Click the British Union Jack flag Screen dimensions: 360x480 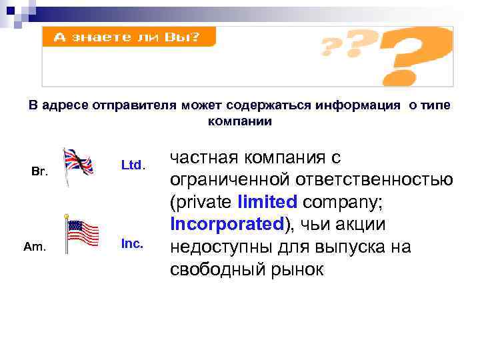coord(79,162)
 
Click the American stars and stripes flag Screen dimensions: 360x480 coord(83,234)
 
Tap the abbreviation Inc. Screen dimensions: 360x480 coord(132,244)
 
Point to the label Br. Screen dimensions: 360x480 coord(40,171)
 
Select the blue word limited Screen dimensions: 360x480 coord(267,201)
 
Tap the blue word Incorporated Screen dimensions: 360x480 coord(227,223)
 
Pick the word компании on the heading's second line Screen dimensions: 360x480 coord(240,121)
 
